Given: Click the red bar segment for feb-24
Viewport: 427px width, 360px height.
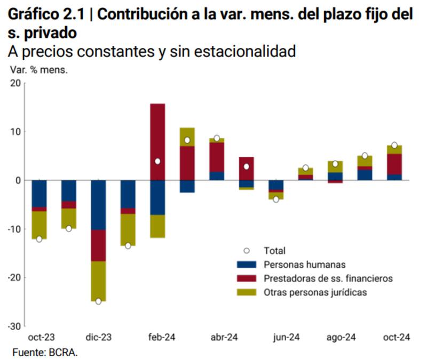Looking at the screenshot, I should click(157, 141).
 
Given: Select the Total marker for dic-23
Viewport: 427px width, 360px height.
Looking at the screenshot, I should click(98, 301).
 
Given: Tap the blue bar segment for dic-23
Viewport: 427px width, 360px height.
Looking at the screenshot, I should click(98, 205).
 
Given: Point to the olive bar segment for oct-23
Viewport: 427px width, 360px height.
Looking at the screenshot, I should click(39, 225).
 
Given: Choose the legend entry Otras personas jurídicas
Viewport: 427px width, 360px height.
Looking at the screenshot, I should click(315, 292).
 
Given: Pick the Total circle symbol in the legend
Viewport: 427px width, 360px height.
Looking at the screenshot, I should click(247, 250).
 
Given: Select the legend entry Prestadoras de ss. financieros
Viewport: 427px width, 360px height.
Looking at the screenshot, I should click(328, 278).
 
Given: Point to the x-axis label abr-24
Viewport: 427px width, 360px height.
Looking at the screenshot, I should click(224, 338).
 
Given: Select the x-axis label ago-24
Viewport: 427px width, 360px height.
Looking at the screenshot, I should click(342, 338).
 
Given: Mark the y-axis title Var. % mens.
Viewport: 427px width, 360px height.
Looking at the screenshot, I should click(39, 70).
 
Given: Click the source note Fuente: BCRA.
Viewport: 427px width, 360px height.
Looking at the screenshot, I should click(45, 352).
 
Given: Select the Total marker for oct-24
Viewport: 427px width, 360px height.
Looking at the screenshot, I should click(394, 145).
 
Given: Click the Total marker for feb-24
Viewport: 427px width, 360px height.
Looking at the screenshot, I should click(157, 161).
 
